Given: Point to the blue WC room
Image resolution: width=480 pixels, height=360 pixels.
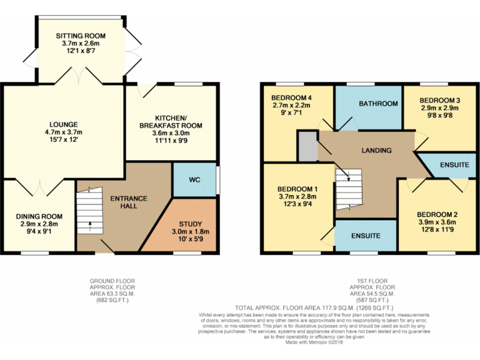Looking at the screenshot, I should point(194,180).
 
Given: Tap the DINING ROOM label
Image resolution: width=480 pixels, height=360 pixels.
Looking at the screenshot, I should point(39,216).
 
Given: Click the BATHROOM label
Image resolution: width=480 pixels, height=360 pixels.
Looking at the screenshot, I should point(378,104).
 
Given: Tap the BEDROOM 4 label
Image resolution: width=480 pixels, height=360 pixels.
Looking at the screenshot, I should point(292,98).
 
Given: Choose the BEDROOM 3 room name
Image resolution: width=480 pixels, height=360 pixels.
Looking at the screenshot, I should point(439,100).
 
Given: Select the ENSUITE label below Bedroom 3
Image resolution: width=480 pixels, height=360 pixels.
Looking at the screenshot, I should point(454,165).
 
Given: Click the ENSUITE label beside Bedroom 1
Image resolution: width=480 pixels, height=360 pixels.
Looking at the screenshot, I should point(365,236).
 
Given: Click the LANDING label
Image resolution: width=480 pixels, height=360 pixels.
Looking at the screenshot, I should point(376,150).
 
